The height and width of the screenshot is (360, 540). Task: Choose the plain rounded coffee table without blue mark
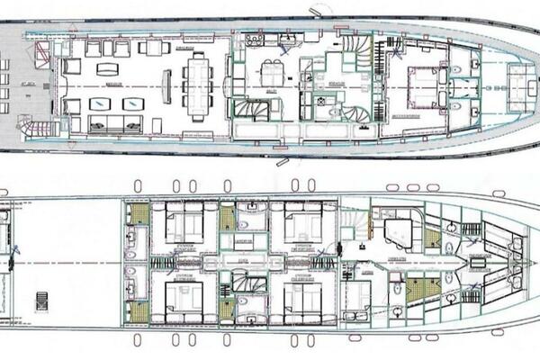[106, 68]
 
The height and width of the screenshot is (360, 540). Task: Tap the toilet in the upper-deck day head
[335, 112]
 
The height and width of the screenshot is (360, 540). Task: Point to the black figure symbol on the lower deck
[12, 264]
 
